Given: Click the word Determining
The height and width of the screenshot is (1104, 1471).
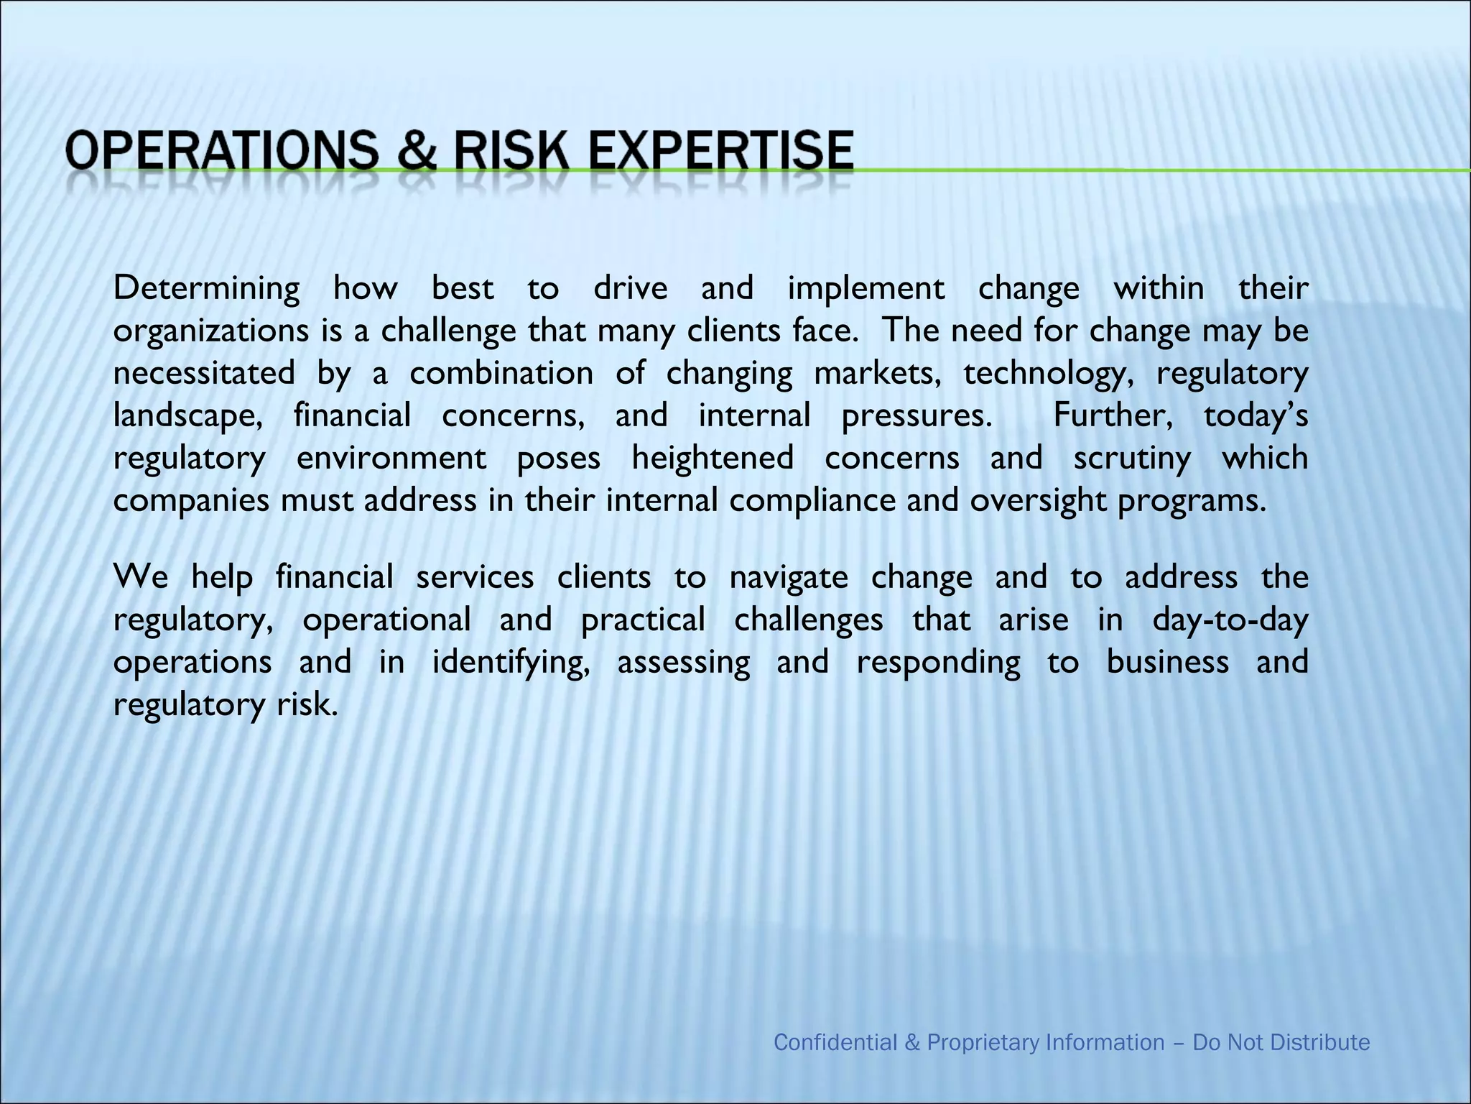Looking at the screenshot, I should [x=207, y=289].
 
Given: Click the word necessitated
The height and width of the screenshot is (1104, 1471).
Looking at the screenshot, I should [x=204, y=374].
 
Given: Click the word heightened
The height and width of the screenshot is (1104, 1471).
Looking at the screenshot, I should [x=713, y=459].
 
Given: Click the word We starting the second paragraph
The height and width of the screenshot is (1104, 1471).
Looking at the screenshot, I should [x=141, y=577].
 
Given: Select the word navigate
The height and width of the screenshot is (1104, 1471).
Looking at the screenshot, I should [x=789, y=577].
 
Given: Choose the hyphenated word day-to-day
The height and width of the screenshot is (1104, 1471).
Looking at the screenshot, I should [x=1230, y=620].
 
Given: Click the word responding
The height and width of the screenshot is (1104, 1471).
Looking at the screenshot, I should [x=938, y=662].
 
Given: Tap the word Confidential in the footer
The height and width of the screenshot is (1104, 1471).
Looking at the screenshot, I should [x=836, y=1042].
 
